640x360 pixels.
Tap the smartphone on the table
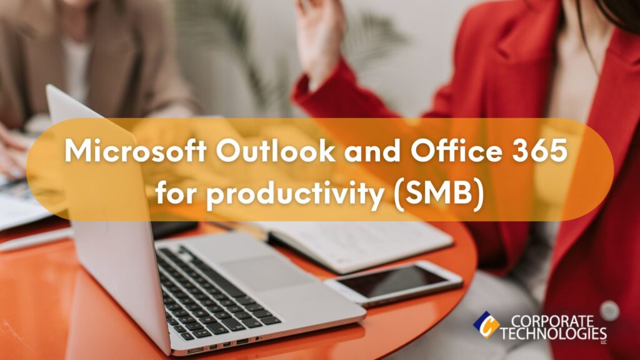[394, 282]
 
